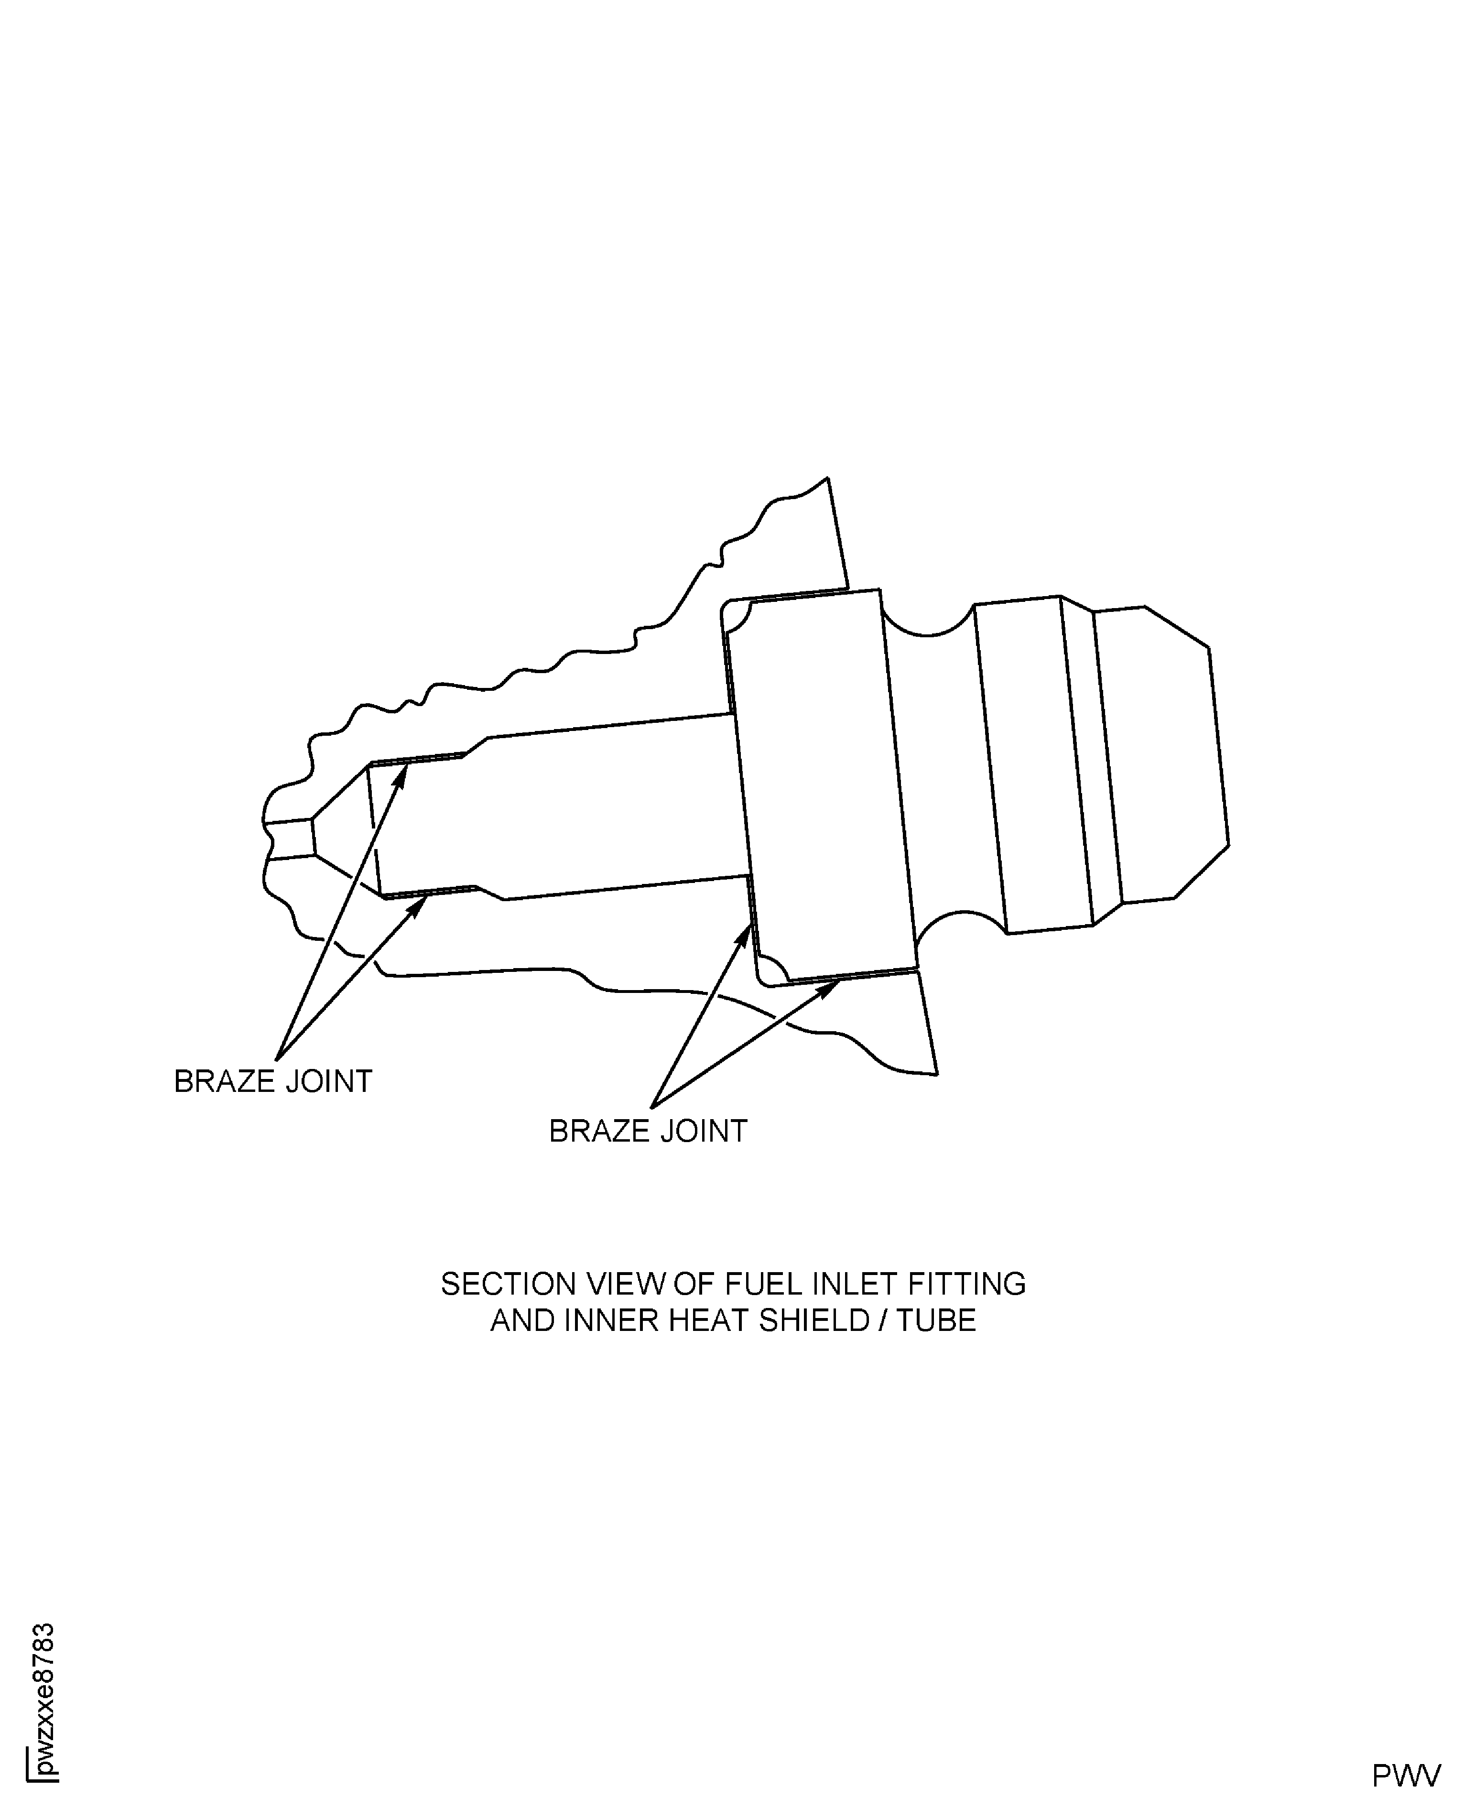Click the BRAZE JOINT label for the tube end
[272, 1082]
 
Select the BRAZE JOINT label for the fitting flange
[648, 1131]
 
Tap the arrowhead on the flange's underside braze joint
[831, 984]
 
